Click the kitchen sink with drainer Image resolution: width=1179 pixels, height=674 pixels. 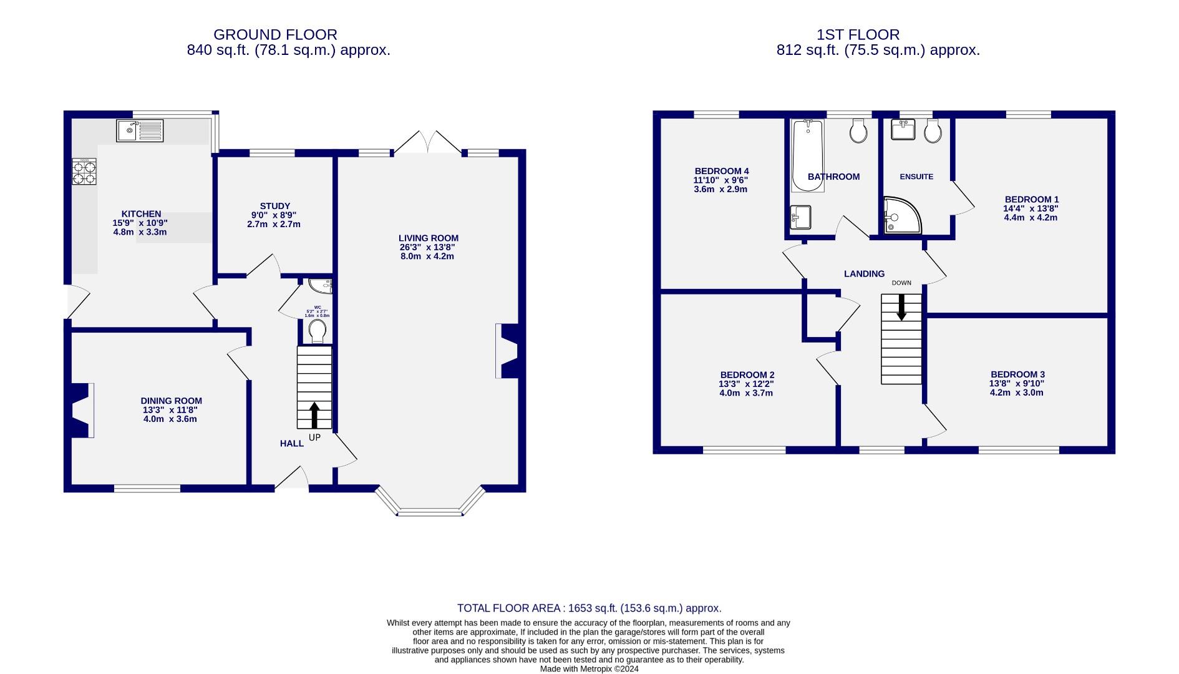coord(140,130)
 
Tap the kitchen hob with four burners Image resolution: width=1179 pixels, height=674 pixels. coord(85,172)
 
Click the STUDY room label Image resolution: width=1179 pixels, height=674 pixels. coord(275,206)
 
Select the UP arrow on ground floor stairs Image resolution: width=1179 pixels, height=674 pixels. coord(314,415)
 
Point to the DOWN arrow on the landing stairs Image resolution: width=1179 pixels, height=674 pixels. coord(901,308)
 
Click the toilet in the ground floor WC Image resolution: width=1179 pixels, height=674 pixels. coord(318,331)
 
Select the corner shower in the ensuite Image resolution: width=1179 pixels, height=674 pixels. coord(901,215)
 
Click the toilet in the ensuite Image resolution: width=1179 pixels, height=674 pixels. coord(933,131)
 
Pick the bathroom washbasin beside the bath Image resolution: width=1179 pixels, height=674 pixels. coord(800,218)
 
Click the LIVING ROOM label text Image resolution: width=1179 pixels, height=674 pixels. coord(429,238)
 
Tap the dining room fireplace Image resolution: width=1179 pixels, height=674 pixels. coord(81,410)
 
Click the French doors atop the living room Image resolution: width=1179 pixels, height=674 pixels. coord(428,143)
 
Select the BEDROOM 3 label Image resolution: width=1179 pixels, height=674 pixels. coord(1017,374)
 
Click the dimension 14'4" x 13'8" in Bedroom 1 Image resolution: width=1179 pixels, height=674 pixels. coord(1031,208)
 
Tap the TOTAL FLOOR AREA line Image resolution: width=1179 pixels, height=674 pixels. coord(589,608)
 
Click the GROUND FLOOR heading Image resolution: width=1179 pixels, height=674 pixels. coord(275,35)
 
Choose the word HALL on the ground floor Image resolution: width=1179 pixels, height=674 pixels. coord(291,444)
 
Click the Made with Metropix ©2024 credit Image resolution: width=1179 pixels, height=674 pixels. coord(589,668)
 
